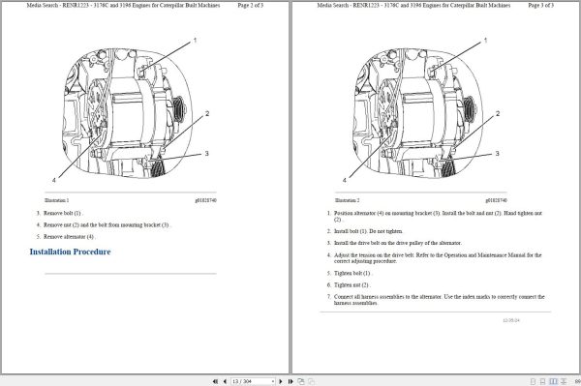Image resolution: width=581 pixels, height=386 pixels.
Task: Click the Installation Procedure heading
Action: coord(70,252)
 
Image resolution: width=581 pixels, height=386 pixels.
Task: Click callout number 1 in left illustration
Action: coord(195,40)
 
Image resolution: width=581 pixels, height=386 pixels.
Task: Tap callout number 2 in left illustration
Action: coord(206,114)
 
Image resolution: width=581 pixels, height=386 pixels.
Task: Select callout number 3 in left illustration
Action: coord(206,153)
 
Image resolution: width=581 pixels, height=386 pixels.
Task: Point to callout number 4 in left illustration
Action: coord(53,179)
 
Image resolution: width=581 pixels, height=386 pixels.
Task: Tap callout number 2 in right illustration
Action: coord(498,114)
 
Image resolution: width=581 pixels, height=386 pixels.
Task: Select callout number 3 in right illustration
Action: coord(497,153)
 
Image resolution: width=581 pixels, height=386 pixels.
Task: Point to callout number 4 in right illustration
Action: coord(344,179)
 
